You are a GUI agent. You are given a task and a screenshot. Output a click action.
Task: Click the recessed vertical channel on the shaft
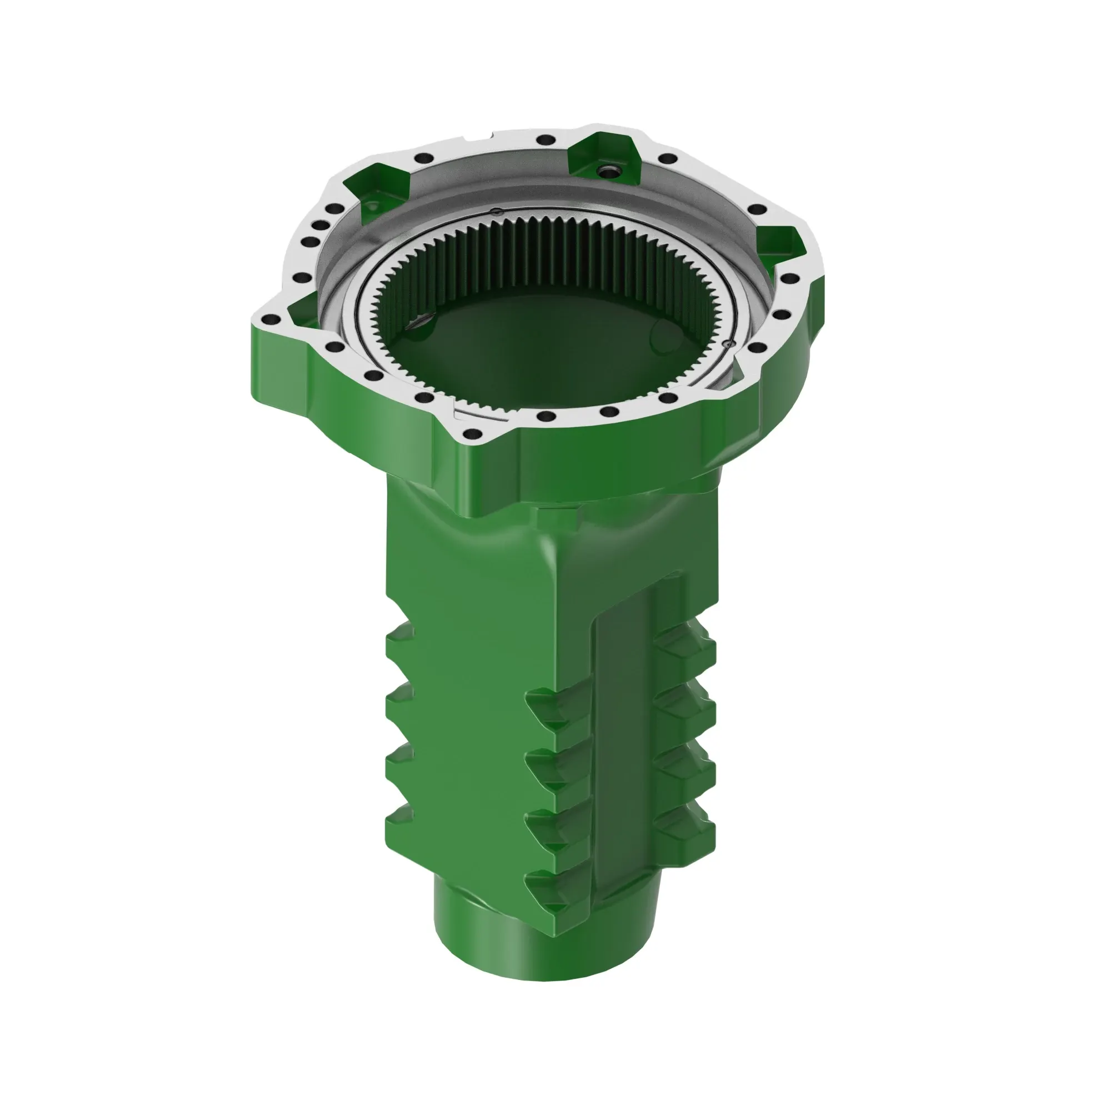pyautogui.click(x=624, y=748)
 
